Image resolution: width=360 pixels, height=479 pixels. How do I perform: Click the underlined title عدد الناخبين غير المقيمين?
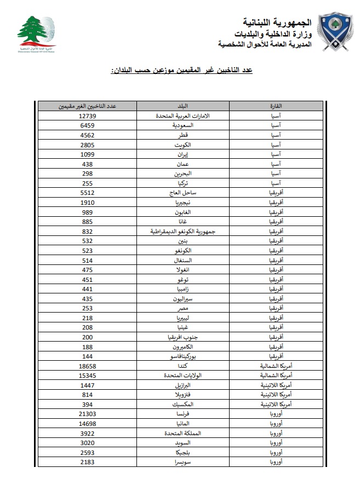coord(181,71)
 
